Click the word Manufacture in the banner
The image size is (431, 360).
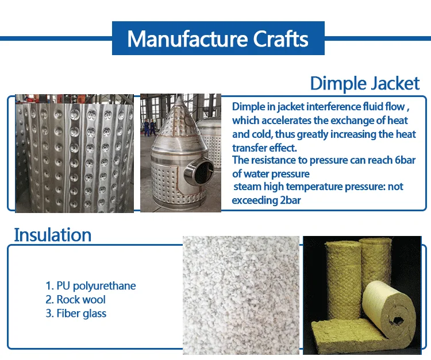click(187, 38)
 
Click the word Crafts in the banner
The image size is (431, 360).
click(280, 38)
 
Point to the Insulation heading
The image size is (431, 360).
click(52, 235)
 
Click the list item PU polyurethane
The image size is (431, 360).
click(90, 286)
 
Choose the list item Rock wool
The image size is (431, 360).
click(75, 300)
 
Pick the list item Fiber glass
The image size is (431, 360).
click(76, 313)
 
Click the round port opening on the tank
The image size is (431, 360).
click(203, 172)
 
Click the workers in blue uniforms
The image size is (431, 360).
click(149, 127)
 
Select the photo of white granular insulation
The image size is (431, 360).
click(241, 295)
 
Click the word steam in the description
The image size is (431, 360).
click(247, 187)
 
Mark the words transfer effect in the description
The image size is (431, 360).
click(264, 148)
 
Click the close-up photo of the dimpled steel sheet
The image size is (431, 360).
click(75, 153)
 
